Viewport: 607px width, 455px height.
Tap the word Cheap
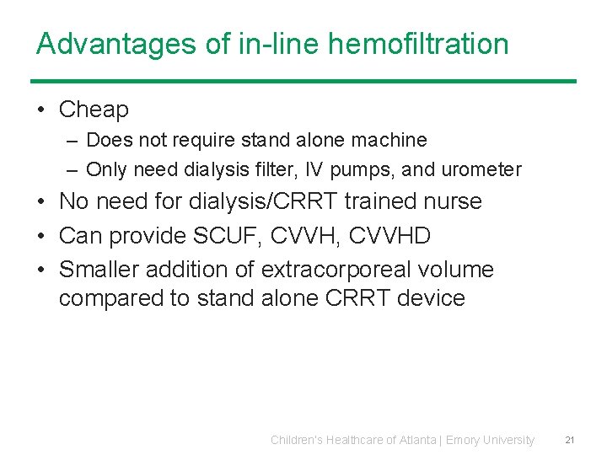[94, 110]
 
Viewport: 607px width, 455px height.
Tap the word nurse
[453, 201]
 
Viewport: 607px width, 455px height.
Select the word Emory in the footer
[463, 440]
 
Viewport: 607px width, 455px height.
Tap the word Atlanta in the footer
[414, 440]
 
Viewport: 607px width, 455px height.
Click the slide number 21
[570, 440]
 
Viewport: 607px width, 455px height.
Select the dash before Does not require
[73, 140]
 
